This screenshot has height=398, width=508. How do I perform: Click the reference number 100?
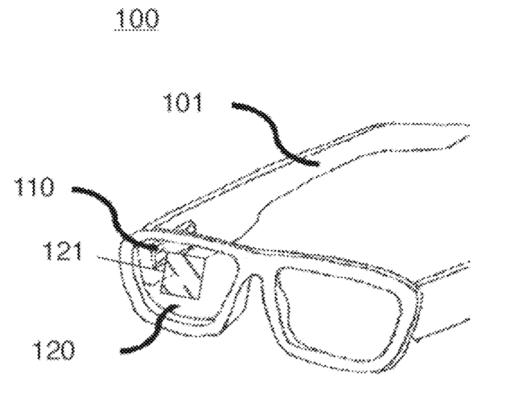click(138, 18)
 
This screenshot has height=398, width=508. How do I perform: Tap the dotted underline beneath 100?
click(137, 30)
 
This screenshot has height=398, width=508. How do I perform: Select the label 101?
click(183, 103)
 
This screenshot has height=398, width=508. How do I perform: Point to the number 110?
click(34, 186)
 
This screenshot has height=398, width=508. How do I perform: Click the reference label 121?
click(63, 252)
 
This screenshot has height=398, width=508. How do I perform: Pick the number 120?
click(54, 350)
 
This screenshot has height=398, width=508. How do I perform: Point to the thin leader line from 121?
click(126, 263)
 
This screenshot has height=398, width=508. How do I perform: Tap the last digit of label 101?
click(197, 103)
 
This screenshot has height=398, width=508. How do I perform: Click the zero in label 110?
click(47, 186)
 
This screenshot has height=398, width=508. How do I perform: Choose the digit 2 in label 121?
click(63, 252)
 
